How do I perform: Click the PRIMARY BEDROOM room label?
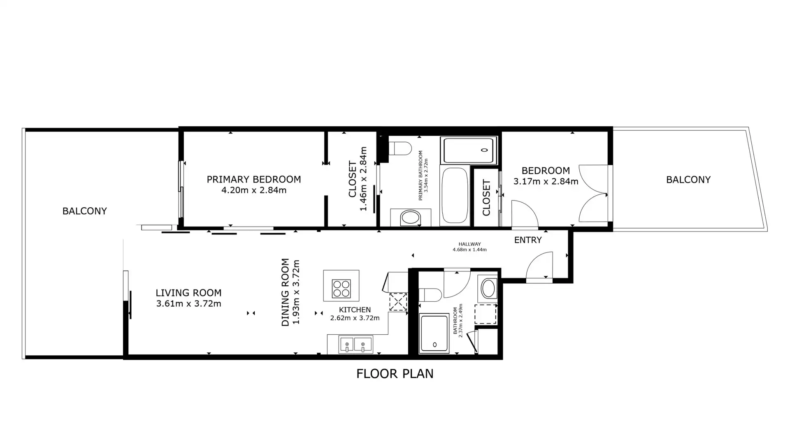click(253, 179)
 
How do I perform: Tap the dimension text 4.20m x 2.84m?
click(254, 190)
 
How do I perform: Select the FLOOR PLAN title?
click(395, 374)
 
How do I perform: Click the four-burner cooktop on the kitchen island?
click(342, 288)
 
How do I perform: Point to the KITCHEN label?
click(355, 310)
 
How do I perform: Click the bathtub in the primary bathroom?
click(455, 196)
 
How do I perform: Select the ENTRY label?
click(528, 240)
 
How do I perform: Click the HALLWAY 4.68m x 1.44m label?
click(469, 247)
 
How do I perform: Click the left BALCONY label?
click(84, 211)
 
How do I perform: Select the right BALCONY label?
click(688, 180)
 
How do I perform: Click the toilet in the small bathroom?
click(430, 294)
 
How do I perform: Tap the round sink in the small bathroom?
click(488, 288)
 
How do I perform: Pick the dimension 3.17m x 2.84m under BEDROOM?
click(546, 181)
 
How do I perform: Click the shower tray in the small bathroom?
click(434, 333)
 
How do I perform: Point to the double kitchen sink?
click(355, 345)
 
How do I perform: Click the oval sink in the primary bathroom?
click(409, 218)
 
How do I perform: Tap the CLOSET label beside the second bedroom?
click(486, 198)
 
